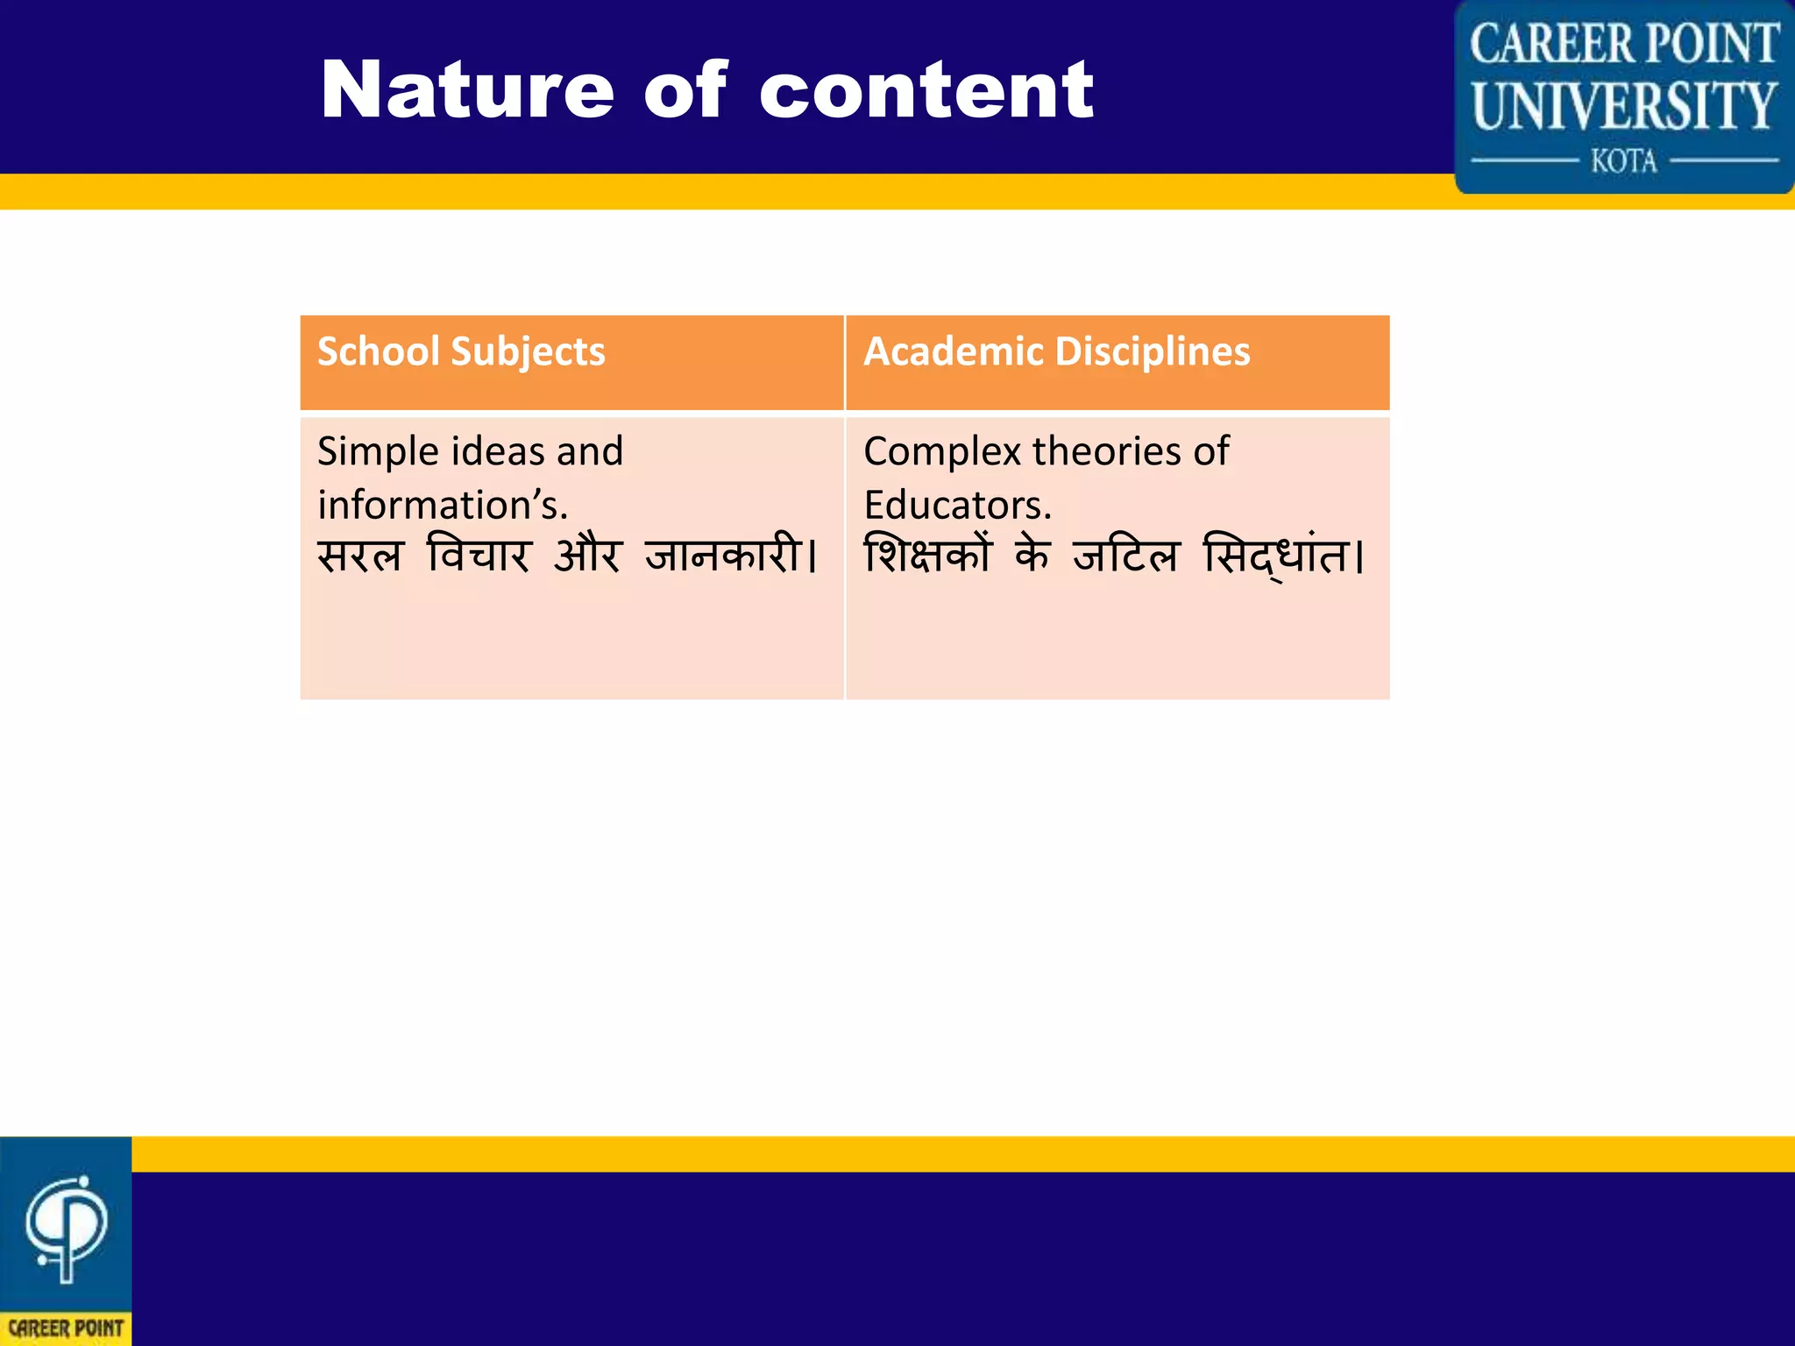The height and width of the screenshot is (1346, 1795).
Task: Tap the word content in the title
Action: (x=926, y=90)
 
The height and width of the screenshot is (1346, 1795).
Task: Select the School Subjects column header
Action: (x=461, y=352)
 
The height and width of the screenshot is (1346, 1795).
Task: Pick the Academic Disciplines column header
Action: (x=1056, y=352)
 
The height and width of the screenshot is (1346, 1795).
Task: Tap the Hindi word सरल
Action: (x=360, y=556)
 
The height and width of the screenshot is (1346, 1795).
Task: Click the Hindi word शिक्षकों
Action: (x=927, y=556)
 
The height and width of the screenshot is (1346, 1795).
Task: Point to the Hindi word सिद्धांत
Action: (x=1277, y=556)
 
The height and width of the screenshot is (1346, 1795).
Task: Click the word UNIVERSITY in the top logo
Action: (x=1623, y=106)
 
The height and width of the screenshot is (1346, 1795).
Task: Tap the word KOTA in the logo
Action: (x=1623, y=161)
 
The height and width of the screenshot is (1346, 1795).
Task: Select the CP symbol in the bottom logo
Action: (x=66, y=1228)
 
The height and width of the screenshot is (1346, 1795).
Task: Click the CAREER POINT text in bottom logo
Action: (x=66, y=1328)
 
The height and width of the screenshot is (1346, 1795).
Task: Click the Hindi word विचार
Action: (x=479, y=556)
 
